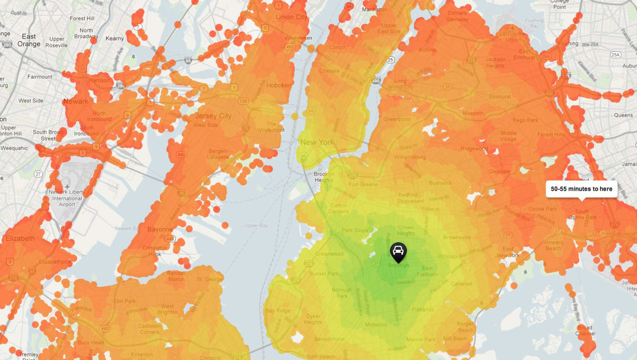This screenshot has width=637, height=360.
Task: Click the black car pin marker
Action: [x=398, y=252]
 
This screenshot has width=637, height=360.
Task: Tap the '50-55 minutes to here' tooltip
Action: [x=581, y=189]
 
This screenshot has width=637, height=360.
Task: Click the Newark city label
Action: [x=75, y=102]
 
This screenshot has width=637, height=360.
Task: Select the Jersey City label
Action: [x=213, y=116]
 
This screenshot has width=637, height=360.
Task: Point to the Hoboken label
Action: [x=279, y=86]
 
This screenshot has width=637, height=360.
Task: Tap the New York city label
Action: [x=317, y=142]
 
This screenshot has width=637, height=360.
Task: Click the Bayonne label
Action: [x=160, y=230]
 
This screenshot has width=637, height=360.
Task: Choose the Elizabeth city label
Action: [x=20, y=239]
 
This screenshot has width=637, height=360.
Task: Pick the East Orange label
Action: [x=29, y=40]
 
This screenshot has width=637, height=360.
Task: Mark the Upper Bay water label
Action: [x=256, y=226]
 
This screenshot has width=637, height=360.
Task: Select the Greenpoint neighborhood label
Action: [x=396, y=120]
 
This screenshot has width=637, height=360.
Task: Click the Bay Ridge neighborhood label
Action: [x=277, y=311]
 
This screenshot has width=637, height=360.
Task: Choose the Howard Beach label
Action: [x=553, y=245]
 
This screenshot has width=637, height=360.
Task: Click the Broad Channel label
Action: [x=585, y=331]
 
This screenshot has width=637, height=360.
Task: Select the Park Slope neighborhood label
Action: [x=355, y=231]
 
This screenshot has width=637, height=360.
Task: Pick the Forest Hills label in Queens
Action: [x=551, y=135]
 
